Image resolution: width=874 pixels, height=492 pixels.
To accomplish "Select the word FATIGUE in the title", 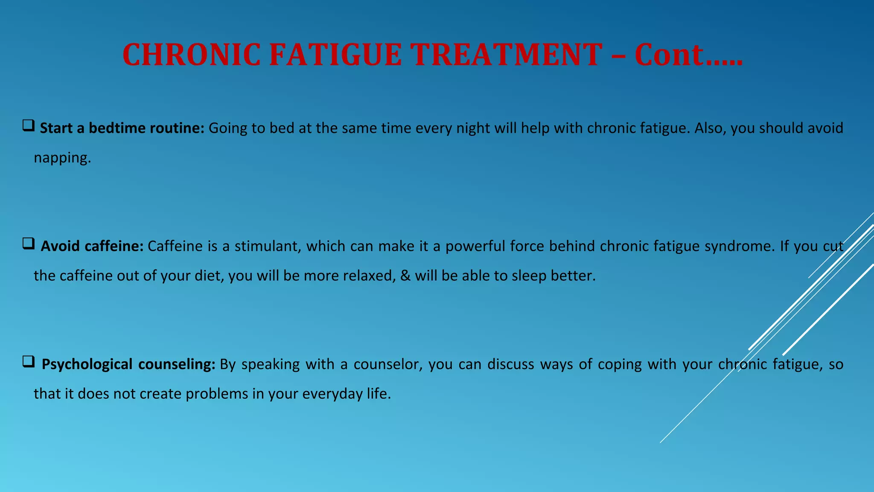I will click(335, 55).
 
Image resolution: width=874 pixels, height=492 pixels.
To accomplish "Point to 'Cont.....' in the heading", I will click(688, 55).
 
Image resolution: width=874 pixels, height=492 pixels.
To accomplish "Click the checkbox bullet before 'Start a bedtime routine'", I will click(29, 126).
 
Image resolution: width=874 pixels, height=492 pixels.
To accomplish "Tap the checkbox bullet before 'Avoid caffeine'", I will click(29, 244).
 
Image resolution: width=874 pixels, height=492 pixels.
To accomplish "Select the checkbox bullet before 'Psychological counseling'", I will click(29, 362).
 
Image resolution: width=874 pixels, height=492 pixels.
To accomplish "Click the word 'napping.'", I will click(62, 158).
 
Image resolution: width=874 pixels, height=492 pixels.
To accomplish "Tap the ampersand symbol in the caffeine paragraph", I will click(405, 276).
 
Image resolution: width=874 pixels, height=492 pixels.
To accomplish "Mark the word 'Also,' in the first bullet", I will click(710, 128).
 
